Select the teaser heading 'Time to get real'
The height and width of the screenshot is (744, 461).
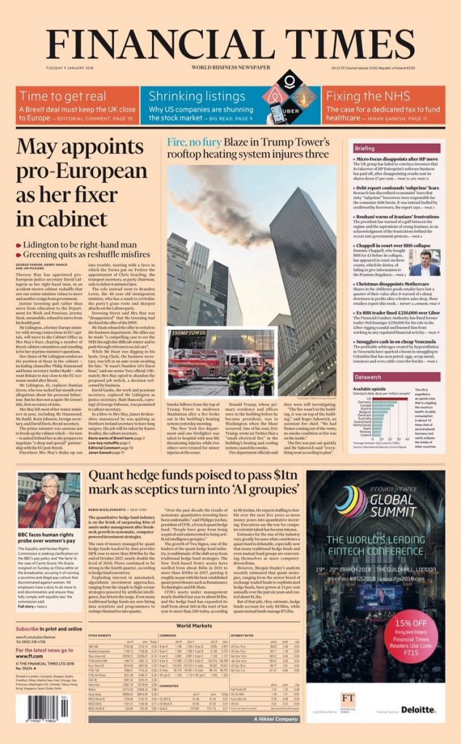click(63, 96)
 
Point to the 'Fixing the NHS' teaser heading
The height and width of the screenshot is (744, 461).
click(362, 96)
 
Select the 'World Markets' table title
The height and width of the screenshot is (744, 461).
click(193, 624)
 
